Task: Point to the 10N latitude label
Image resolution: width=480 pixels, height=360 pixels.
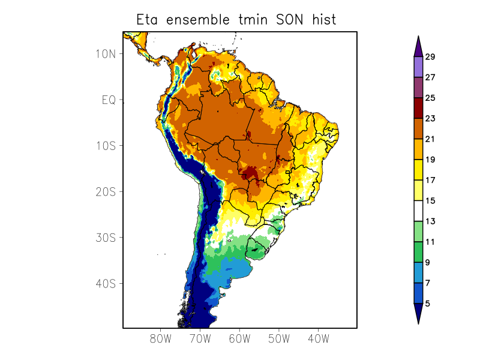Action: [x=106, y=53]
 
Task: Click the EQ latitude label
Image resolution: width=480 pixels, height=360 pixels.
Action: [x=109, y=100]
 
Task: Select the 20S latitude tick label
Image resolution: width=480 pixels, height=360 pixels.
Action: [x=106, y=191]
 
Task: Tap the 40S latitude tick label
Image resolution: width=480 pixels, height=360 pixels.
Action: [x=106, y=283]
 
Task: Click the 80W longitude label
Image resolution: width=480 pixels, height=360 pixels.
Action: [x=160, y=338]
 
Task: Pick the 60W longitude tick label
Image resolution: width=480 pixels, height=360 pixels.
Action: [x=239, y=338]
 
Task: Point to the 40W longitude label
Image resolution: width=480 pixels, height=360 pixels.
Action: [x=318, y=338]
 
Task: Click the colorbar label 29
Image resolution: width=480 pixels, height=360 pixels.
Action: [x=430, y=57]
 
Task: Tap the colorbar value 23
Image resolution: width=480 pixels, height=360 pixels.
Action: [x=430, y=119]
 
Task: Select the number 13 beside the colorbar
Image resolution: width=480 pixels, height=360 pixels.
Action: [x=430, y=221]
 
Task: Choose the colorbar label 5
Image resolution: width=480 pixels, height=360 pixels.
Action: [x=427, y=304]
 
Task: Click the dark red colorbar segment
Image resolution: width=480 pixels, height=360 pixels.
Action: [x=418, y=108]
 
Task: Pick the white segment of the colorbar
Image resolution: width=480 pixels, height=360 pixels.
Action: [x=418, y=211]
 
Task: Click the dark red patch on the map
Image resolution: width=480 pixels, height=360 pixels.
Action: [x=251, y=174]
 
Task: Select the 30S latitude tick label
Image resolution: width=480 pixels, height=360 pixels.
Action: [x=106, y=238]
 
